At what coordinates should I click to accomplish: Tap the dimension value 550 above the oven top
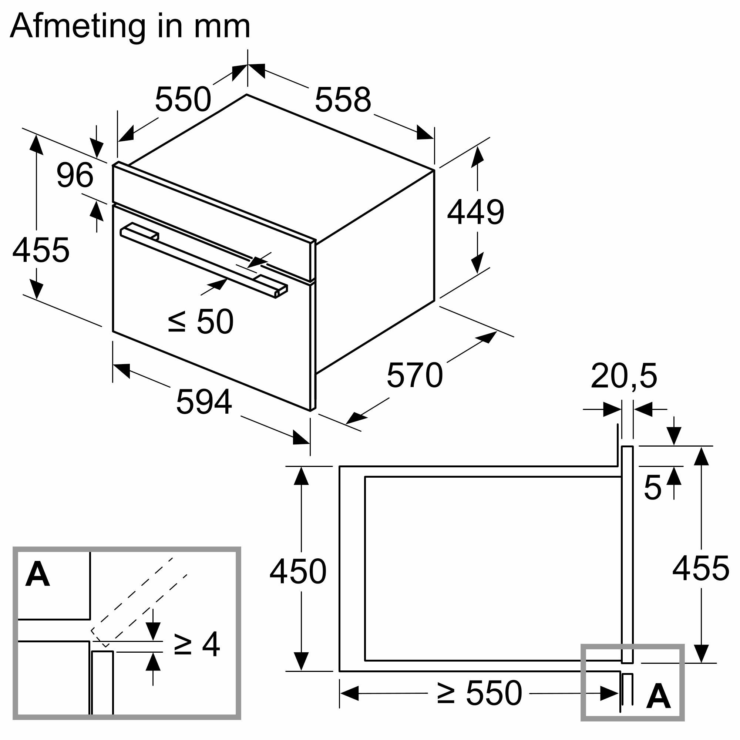[x=183, y=99]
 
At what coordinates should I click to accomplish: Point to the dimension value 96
[x=75, y=175]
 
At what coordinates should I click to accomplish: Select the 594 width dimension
[x=204, y=402]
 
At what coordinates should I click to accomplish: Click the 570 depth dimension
[x=414, y=375]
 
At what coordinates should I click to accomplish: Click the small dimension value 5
[x=652, y=488]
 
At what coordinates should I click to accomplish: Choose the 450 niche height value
[x=297, y=572]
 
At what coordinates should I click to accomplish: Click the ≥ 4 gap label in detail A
[x=196, y=644]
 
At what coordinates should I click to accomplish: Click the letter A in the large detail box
[x=37, y=575]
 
